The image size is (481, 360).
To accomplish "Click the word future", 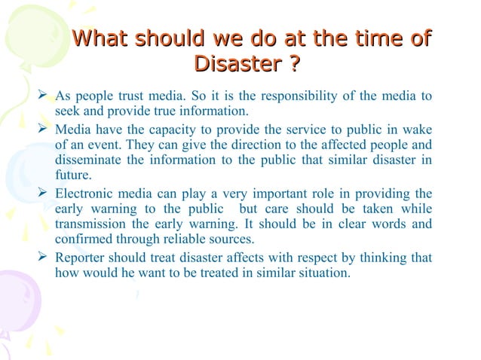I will click(x=72, y=175).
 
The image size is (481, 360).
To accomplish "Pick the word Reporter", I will click(x=81, y=258).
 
